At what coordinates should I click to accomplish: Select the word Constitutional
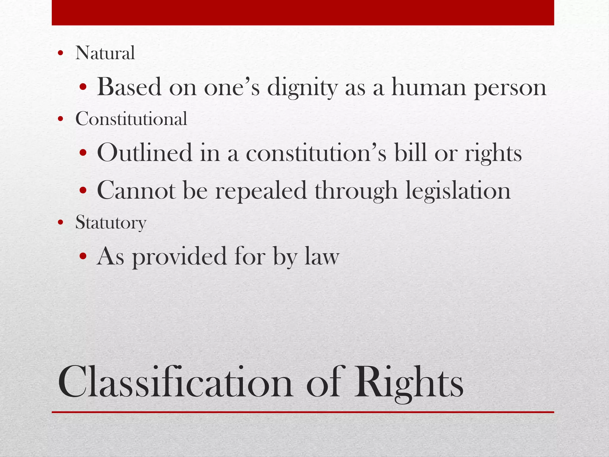tap(131, 119)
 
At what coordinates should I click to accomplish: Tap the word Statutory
tap(111, 222)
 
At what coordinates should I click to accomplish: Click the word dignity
tap(302, 88)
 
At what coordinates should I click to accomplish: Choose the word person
tap(510, 88)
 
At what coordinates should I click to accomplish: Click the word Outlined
tap(145, 153)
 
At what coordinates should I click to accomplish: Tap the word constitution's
tap(316, 153)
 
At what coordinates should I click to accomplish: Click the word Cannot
tap(136, 190)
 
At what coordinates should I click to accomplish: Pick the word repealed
tap(261, 191)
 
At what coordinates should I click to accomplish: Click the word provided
tap(179, 256)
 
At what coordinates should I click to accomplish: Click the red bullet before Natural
tap(61, 54)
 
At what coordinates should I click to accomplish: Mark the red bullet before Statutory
tap(61, 223)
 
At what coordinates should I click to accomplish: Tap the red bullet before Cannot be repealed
tap(83, 191)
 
